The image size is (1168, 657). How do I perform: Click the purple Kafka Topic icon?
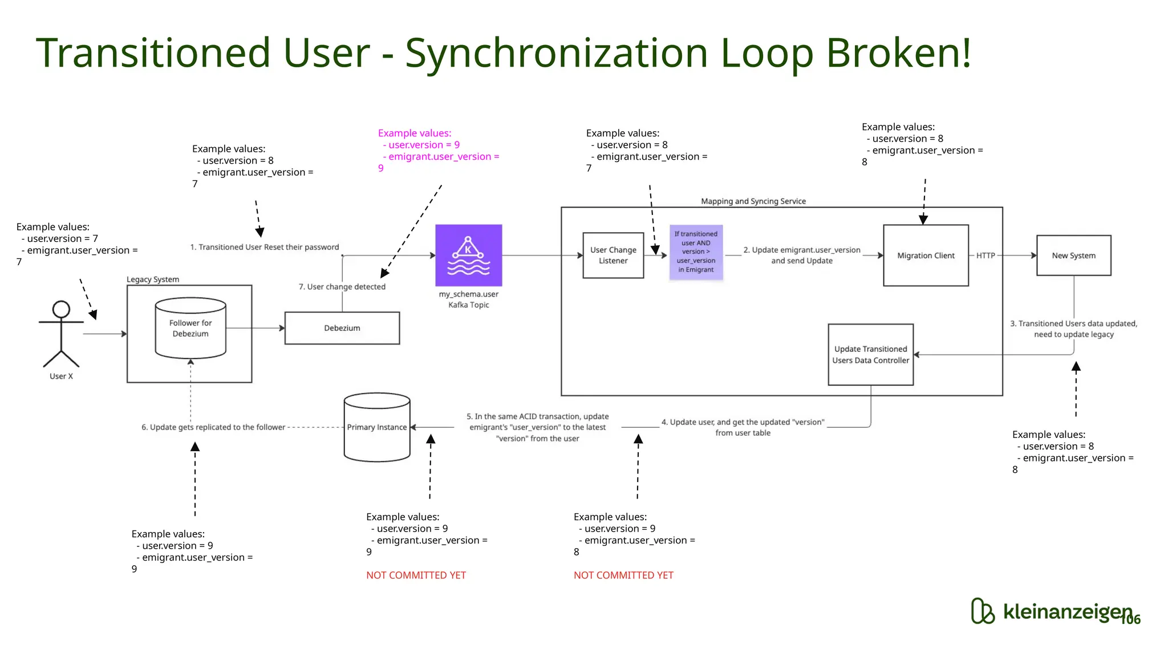pos(468,255)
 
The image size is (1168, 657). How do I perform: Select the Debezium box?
pos(342,328)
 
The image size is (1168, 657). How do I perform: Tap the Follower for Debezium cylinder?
pos(190,328)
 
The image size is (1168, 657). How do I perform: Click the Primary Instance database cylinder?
pos(377,427)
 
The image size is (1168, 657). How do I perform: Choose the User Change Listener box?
pos(613,255)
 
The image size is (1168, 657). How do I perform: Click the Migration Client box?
pos(926,255)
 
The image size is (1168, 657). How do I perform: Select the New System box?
pos(1073,255)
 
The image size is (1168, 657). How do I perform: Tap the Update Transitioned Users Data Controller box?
pos(870,355)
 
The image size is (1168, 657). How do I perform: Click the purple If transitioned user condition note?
pos(696,252)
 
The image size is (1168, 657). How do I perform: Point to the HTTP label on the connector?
pos(985,255)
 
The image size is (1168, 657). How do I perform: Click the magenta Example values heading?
pos(415,133)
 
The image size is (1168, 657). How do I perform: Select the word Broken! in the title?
pos(898,52)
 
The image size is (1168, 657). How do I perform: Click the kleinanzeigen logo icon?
pos(983,611)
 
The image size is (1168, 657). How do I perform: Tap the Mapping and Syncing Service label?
pos(753,201)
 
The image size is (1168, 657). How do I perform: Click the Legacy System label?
pos(153,279)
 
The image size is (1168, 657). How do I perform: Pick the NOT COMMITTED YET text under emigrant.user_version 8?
pos(623,575)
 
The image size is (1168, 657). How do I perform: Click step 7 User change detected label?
pos(342,287)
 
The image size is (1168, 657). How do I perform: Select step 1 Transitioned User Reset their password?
pos(265,247)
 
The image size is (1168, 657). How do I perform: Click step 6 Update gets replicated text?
pos(213,427)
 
